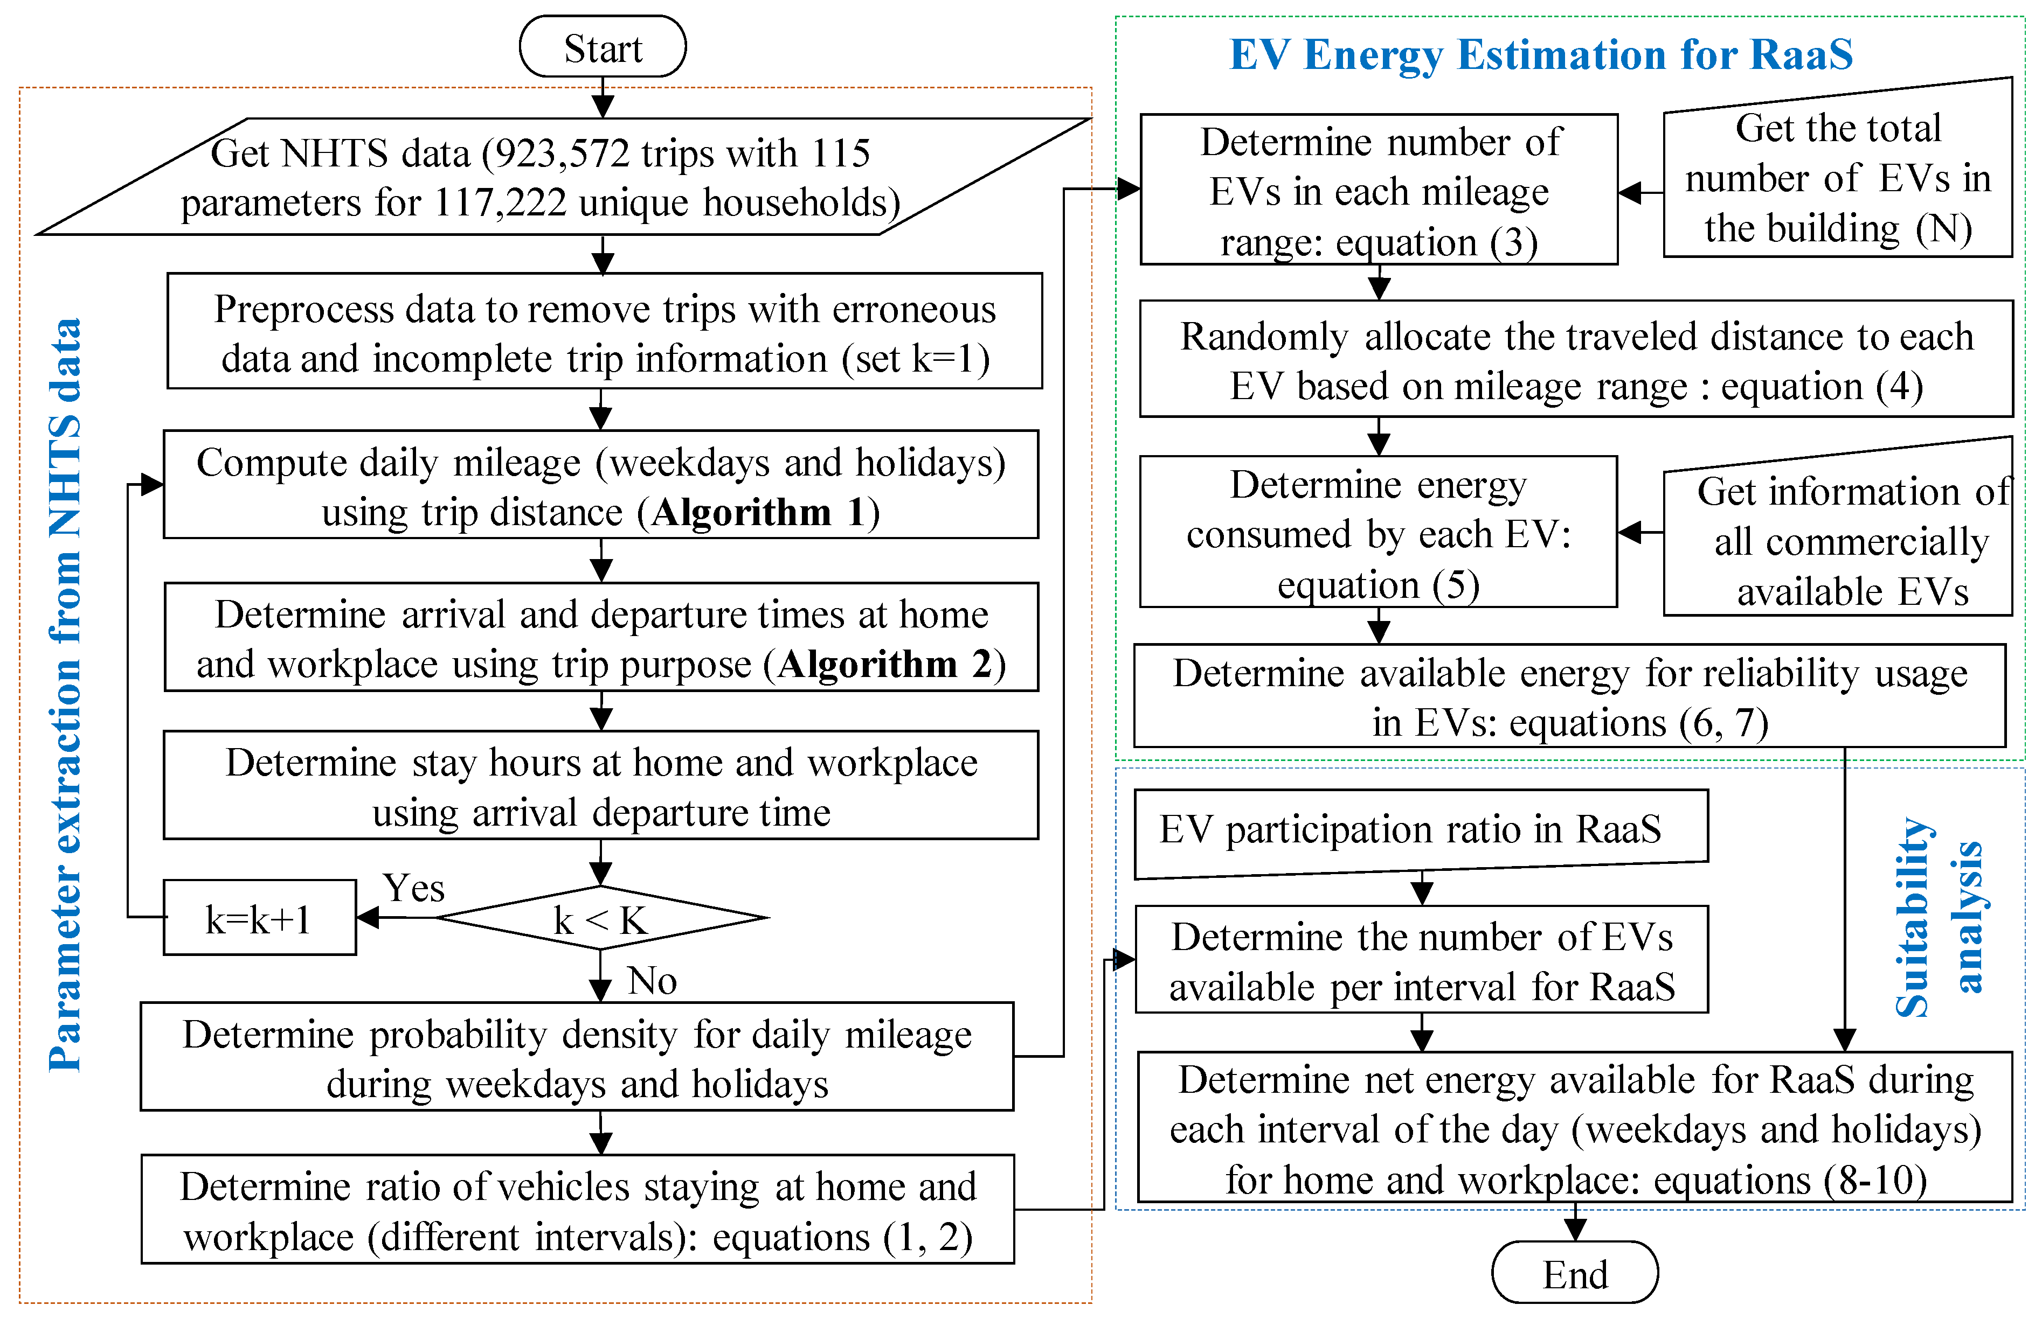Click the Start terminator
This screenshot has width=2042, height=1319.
point(603,47)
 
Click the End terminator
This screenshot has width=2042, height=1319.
point(1574,1274)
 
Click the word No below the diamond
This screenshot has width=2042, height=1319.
point(652,980)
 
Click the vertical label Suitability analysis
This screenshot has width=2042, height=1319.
point(1939,917)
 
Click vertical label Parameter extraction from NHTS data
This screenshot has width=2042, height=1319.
point(65,694)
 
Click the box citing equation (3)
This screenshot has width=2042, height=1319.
point(1378,190)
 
